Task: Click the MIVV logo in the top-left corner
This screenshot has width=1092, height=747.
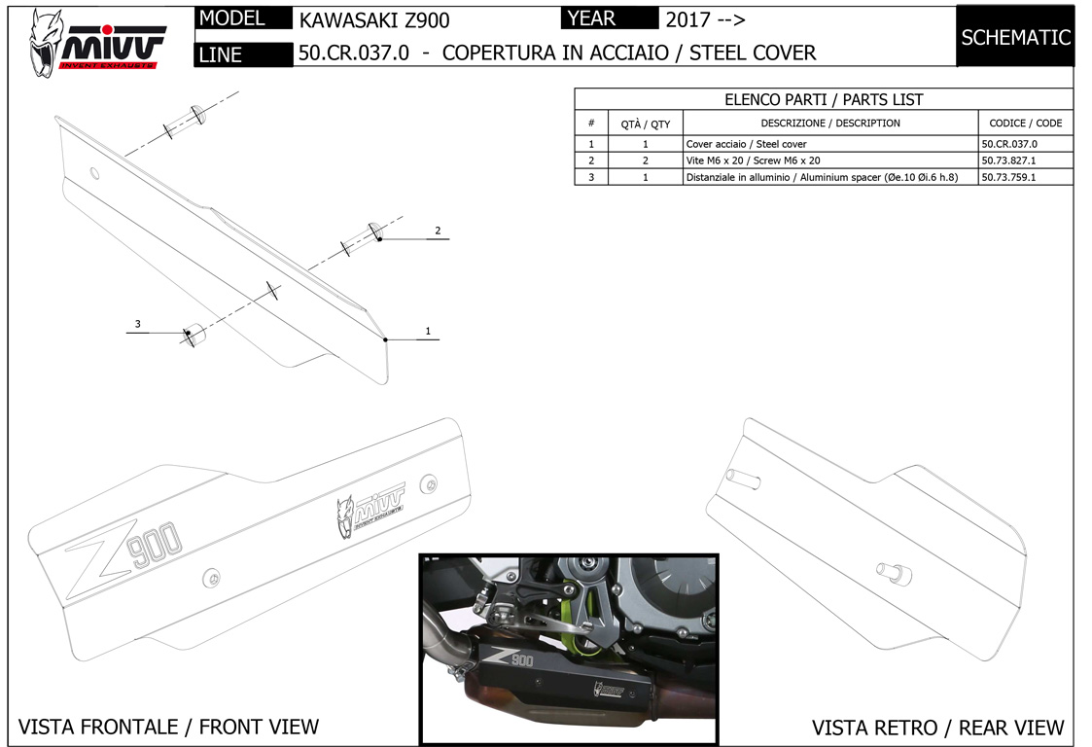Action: [x=97, y=38]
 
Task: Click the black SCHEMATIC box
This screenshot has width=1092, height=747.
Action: [x=1015, y=38]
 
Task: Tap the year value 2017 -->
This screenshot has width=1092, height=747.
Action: [x=705, y=19]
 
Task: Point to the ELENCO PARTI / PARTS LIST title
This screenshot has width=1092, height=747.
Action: [x=824, y=99]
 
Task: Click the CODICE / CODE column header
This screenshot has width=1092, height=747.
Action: [x=1025, y=124]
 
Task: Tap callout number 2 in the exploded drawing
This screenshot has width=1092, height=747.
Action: [x=438, y=231]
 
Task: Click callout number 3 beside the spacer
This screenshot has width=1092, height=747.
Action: [x=138, y=324]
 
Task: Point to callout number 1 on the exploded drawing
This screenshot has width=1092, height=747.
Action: [x=427, y=332]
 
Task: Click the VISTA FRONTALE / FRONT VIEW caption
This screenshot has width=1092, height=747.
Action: [x=168, y=726]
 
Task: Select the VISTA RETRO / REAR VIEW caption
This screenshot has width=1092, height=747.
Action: [x=937, y=727]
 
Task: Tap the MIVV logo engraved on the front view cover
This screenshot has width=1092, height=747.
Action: [x=370, y=511]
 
